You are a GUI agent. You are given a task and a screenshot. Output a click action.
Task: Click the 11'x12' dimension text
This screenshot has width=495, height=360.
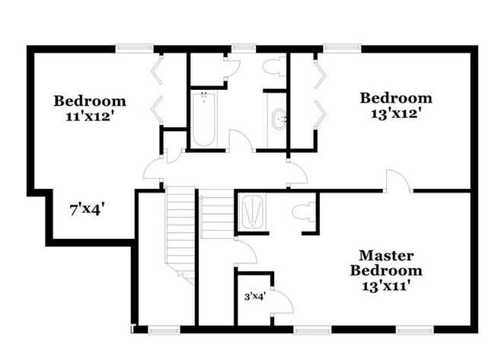click(x=89, y=117)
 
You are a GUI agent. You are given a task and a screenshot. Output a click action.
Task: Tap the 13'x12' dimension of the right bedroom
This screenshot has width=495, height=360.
click(x=395, y=114)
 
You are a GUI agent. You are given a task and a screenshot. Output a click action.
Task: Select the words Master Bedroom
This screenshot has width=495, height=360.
click(x=386, y=263)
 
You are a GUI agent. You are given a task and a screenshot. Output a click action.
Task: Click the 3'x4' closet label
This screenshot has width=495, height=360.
click(x=254, y=297)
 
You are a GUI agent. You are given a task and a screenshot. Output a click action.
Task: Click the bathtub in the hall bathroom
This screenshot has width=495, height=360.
click(x=203, y=119)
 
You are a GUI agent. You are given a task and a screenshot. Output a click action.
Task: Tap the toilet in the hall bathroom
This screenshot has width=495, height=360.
click(x=271, y=67)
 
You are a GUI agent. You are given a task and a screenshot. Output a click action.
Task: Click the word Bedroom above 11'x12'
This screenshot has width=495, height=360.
click(x=89, y=101)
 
